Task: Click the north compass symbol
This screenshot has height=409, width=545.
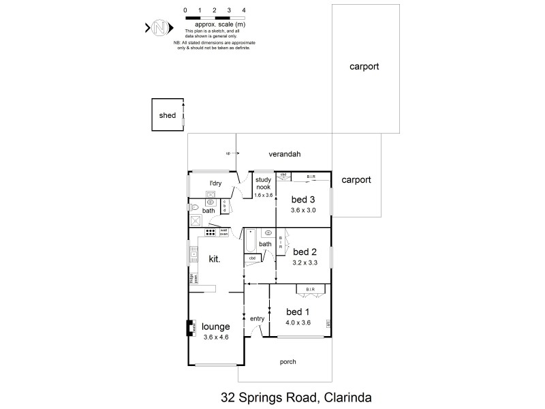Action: [x=159, y=28]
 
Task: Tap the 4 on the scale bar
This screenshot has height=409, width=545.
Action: [x=244, y=10]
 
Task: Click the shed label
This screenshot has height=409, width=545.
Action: [x=167, y=116]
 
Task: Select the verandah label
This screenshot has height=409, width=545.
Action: [x=288, y=154]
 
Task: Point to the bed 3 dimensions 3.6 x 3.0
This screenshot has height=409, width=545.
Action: [x=303, y=211]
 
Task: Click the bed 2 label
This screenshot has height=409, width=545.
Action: [x=304, y=251]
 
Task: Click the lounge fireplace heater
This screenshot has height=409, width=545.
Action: [x=191, y=329]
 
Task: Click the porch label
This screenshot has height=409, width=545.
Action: [x=288, y=361]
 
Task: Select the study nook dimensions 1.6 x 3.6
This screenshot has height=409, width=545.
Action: [x=263, y=195]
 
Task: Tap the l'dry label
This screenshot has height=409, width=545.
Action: [x=216, y=183]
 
